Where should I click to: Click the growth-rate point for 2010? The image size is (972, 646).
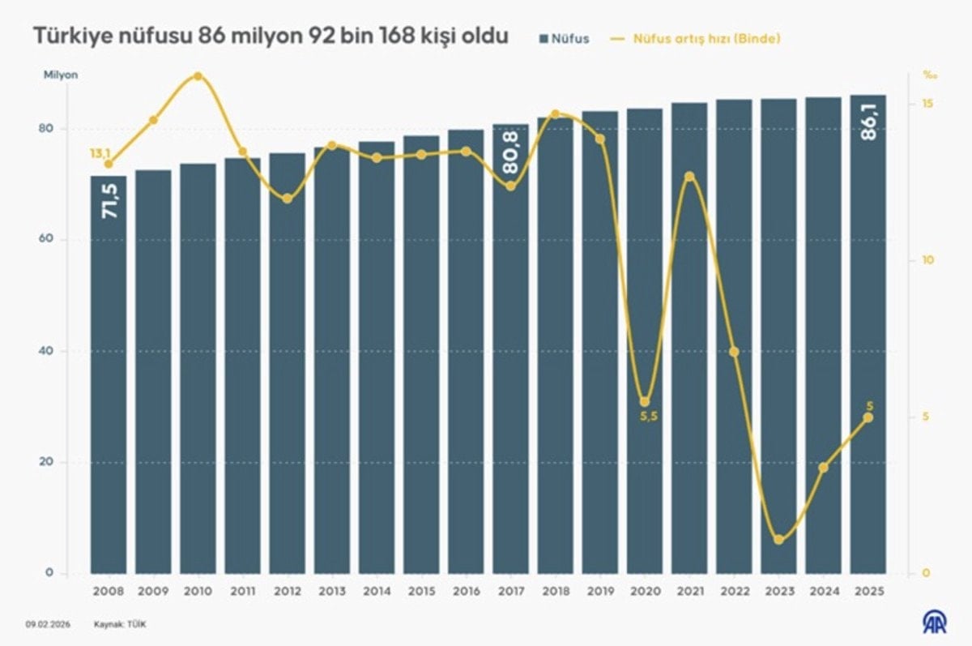tap(198, 76)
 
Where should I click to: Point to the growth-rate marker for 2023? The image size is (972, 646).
tap(778, 540)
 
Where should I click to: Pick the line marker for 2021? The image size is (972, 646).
tap(689, 177)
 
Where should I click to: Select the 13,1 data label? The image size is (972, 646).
tap(100, 152)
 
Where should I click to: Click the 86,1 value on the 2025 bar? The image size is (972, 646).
tap(868, 123)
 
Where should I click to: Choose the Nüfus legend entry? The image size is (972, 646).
tap(565, 38)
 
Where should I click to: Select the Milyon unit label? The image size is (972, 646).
tap(61, 75)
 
